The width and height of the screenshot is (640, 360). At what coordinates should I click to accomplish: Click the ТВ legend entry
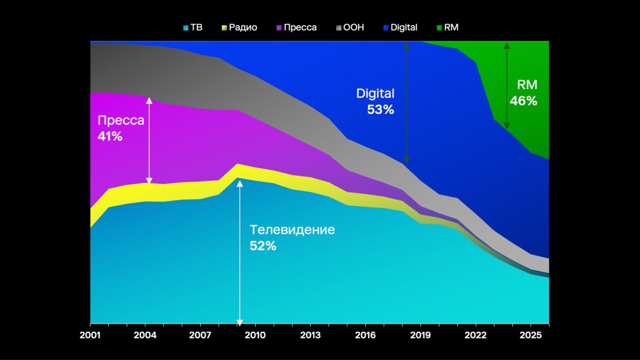tap(193, 27)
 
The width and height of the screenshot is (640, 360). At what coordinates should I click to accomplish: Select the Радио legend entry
tap(239, 27)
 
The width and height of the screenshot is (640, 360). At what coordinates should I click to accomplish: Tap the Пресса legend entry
tap(296, 27)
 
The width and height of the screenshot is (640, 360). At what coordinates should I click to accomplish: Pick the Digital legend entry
tap(400, 27)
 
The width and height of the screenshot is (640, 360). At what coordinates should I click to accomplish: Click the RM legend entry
tap(447, 27)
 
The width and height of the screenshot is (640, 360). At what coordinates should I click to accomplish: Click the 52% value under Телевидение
tap(263, 246)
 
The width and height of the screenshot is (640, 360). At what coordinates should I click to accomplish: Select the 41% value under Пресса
tap(110, 136)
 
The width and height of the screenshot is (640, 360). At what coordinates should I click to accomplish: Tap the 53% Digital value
tap(380, 109)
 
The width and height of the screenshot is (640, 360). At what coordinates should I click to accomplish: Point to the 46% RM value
tap(523, 101)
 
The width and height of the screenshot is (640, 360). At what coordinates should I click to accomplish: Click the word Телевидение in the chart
tap(292, 230)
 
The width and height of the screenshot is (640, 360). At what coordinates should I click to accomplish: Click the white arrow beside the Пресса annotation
tap(149, 141)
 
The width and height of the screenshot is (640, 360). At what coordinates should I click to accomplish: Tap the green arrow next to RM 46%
tap(507, 85)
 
